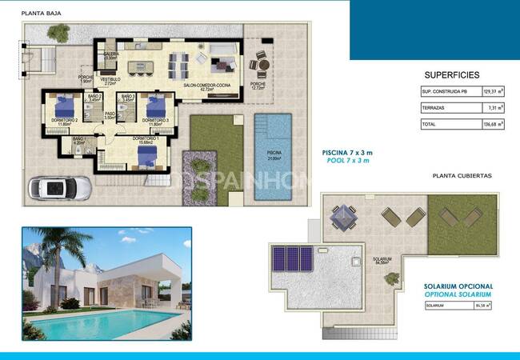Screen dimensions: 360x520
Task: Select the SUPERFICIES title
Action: [x=452, y=74]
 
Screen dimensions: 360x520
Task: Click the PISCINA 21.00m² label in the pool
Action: [x=274, y=158]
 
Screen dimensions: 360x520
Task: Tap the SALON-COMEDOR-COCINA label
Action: [x=207, y=84]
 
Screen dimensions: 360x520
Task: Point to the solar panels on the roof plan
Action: [x=294, y=258]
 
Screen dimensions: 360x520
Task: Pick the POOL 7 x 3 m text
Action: [x=347, y=161]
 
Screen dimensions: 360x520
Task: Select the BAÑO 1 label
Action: [x=79, y=141]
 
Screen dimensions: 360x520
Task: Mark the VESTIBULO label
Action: [x=110, y=81]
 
